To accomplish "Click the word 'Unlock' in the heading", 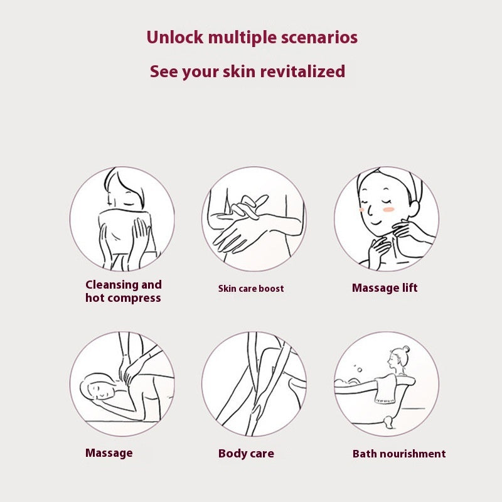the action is tap(175, 37).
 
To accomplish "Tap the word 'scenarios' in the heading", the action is tap(319, 38).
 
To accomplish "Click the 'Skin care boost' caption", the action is tap(251, 289).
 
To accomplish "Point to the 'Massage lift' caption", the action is tap(385, 287).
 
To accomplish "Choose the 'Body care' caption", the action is tap(246, 453).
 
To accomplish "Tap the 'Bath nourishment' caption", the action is tap(399, 453).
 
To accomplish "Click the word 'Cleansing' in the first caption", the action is tap(112, 285).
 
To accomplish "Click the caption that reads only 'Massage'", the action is tap(109, 453).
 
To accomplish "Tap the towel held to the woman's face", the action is tap(125, 232).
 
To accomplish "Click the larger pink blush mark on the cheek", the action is tap(388, 210).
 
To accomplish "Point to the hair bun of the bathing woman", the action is tap(406, 348).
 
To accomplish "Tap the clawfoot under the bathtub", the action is tap(388, 421).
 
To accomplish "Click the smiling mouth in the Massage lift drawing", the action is tap(376, 223).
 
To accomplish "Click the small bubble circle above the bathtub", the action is tap(360, 370).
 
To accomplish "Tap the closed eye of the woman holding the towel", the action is tap(129, 204).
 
